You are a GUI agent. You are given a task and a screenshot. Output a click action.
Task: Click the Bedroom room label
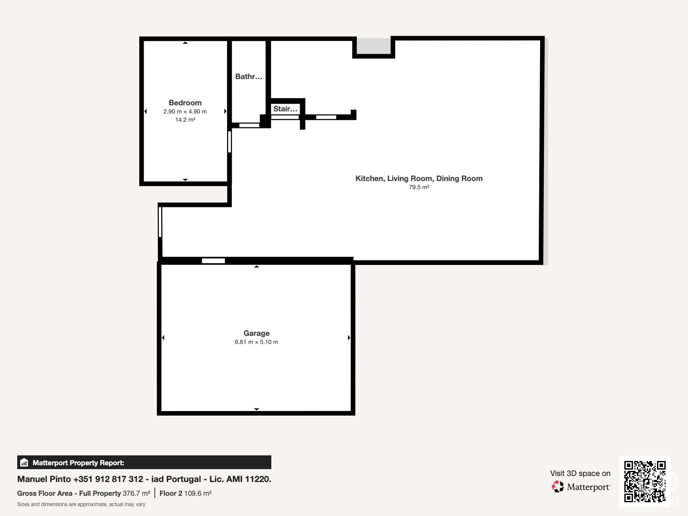(x=185, y=103)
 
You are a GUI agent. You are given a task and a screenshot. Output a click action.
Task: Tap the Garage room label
(x=256, y=333)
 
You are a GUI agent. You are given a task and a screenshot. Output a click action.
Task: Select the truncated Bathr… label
(x=249, y=77)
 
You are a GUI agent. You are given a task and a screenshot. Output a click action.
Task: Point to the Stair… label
(x=285, y=109)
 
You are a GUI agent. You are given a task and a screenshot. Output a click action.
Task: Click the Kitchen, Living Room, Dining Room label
(x=419, y=178)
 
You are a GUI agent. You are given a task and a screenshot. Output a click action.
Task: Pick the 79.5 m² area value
(x=419, y=187)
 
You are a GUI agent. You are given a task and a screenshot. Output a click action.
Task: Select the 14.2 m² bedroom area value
(x=185, y=120)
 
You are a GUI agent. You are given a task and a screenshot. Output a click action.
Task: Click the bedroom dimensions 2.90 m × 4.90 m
(x=185, y=111)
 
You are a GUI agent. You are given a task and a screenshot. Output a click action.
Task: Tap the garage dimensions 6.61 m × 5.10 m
(x=256, y=342)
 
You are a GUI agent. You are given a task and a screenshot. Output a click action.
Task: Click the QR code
(x=645, y=481)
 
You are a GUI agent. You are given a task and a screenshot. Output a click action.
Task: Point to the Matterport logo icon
(x=558, y=487)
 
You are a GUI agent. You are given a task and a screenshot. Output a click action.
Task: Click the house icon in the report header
(x=24, y=462)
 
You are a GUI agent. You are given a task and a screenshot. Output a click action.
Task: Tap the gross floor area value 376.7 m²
(x=136, y=494)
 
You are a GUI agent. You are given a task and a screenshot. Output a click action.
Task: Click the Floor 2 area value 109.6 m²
(x=198, y=494)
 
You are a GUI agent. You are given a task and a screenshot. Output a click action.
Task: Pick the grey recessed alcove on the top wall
(x=374, y=46)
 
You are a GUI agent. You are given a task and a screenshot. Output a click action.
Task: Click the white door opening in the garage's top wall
(x=213, y=261)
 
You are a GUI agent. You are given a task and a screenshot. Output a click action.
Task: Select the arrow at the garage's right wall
(x=349, y=338)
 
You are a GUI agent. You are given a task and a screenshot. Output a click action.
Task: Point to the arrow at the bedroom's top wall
(x=185, y=43)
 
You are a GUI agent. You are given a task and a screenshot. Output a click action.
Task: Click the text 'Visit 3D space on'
(x=580, y=473)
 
